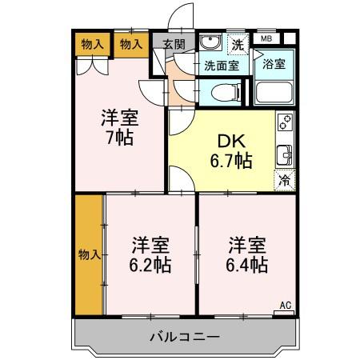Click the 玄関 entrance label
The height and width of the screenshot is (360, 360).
(174, 44)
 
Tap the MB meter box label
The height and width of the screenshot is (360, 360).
(263, 38)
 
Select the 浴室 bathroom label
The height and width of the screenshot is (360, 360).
(274, 63)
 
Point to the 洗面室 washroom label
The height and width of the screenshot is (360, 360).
(220, 66)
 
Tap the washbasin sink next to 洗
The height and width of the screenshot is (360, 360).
(210, 43)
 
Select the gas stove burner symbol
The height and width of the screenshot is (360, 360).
(284, 122)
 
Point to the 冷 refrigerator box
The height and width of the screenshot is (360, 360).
(283, 180)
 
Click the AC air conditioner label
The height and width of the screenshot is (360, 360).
(286, 305)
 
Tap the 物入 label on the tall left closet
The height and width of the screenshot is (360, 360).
(89, 255)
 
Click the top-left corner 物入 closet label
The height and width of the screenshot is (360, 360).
(93, 44)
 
